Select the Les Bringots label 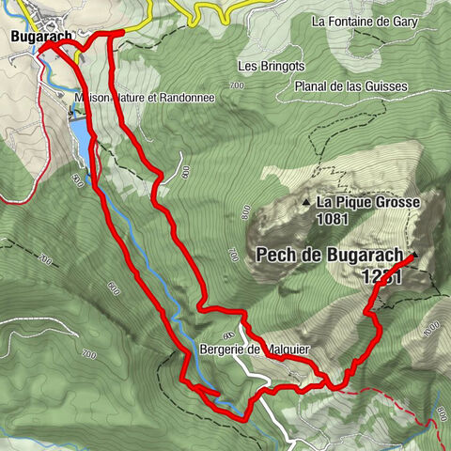(x=269, y=67)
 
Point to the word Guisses (x=384, y=86)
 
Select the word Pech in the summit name (x=274, y=255)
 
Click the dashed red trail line (x=413, y=405)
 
